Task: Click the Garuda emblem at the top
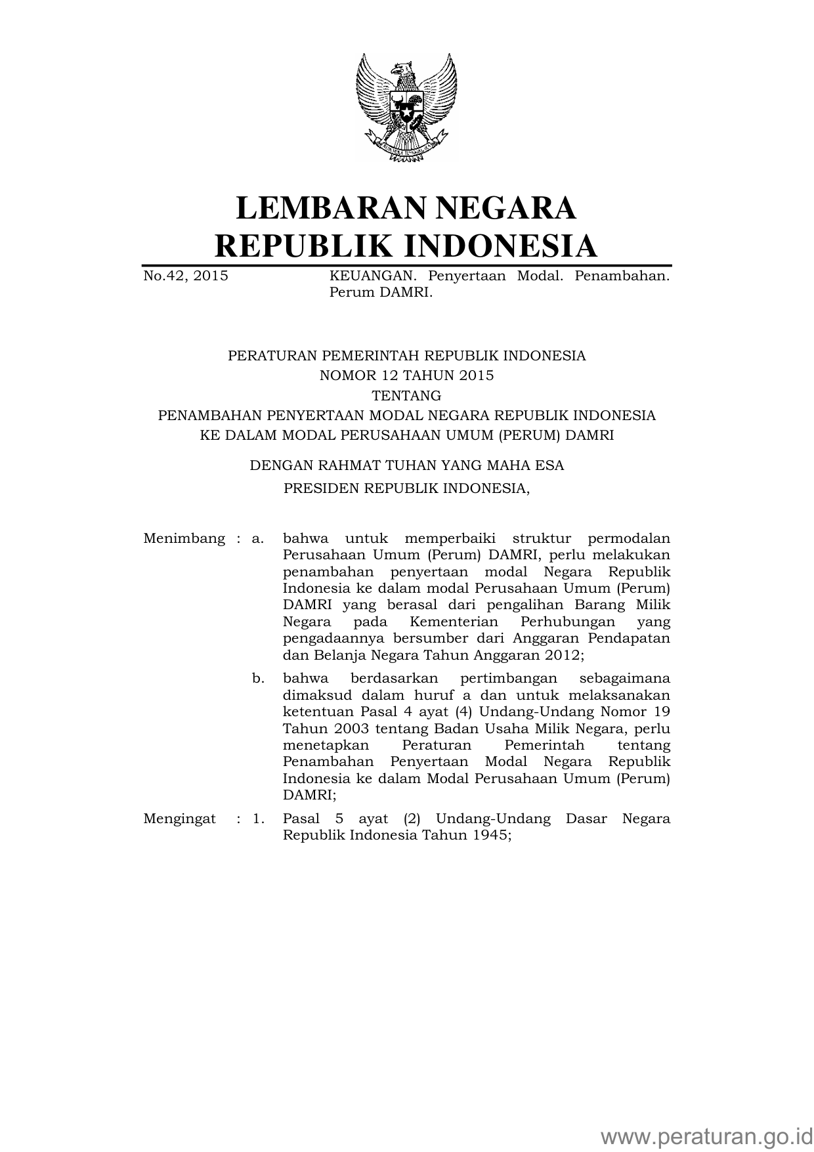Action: [x=406, y=107]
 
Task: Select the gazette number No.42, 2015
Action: [x=186, y=276]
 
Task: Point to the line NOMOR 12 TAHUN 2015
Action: [x=406, y=375]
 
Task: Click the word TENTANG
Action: [x=406, y=396]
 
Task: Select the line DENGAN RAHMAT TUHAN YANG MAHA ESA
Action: [x=406, y=465]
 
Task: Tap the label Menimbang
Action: [x=184, y=539]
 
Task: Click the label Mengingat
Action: [x=179, y=819]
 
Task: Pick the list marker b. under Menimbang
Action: [x=258, y=678]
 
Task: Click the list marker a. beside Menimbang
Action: [x=258, y=539]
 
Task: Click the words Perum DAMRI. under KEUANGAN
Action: [x=381, y=293]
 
